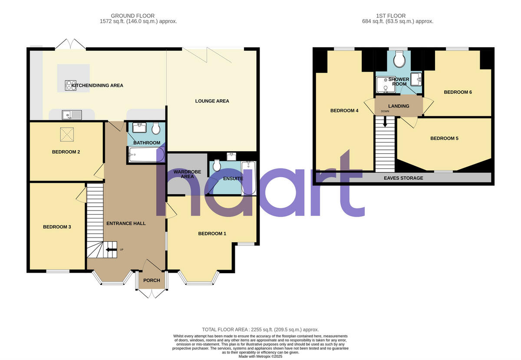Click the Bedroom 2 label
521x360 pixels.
pos(66,152)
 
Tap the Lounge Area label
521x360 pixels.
pos(212,101)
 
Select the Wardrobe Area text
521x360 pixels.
pos(184,174)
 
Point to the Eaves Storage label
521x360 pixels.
pos(403,178)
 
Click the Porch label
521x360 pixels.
pos(152,281)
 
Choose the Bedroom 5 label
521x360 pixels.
pos(444,139)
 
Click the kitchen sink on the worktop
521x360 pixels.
pos(72,115)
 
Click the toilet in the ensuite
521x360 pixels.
pos(218,165)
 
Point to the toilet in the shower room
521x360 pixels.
pos(399,59)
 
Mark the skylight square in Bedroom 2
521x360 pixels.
pos(66,134)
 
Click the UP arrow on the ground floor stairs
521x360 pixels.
pos(111,249)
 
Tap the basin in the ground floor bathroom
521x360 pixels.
pos(140,128)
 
